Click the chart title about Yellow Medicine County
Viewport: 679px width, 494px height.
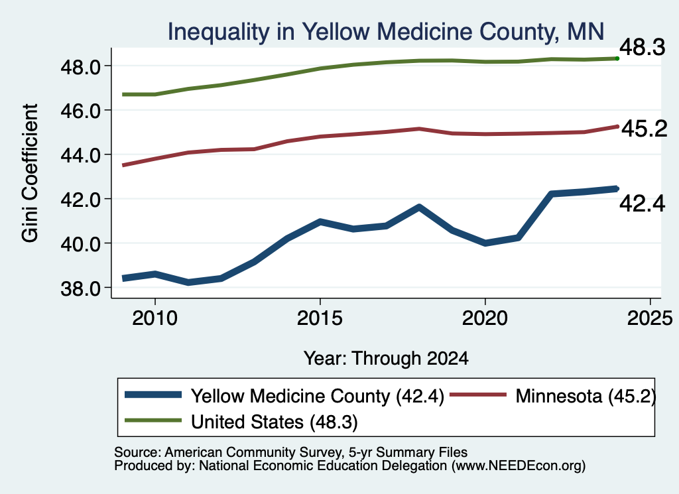(386, 32)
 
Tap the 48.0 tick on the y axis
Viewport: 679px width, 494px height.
(81, 67)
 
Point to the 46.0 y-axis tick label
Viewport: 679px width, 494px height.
(81, 111)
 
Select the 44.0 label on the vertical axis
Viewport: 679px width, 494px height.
(81, 155)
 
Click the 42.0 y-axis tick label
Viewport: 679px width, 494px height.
(81, 200)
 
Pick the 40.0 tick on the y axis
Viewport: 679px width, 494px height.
(81, 244)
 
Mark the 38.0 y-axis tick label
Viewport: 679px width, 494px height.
(81, 288)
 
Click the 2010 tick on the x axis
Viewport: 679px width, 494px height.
(154, 319)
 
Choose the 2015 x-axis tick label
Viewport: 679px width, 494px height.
(320, 319)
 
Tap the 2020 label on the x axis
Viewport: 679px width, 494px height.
(485, 319)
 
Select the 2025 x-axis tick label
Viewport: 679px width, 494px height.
(650, 319)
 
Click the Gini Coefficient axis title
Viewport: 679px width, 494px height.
(31, 173)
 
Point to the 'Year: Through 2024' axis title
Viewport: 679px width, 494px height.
(386, 359)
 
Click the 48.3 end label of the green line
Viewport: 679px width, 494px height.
(642, 47)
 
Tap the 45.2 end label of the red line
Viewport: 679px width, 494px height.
(645, 129)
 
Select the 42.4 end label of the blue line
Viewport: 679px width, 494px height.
(642, 204)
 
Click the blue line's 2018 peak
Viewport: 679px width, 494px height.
(419, 208)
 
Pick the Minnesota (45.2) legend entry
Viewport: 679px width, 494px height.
(553, 396)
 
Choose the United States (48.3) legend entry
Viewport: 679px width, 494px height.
(241, 422)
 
